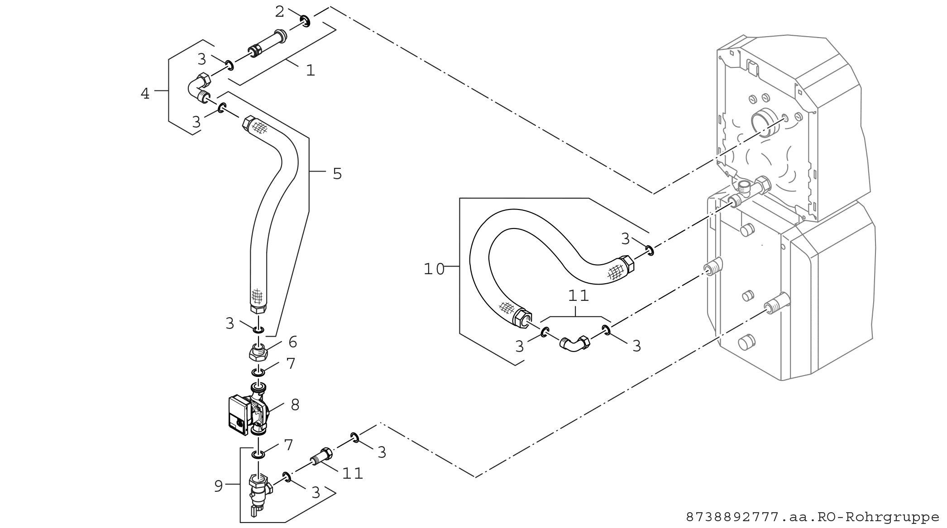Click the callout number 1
point(310,70)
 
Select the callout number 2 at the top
point(280,12)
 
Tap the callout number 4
point(145,94)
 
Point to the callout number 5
point(337,173)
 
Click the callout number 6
point(293,342)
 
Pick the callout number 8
point(295,405)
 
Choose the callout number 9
point(218,486)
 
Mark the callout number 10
point(434,269)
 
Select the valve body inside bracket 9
point(260,493)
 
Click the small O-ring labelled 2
point(306,20)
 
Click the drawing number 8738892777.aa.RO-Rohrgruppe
point(813,517)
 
